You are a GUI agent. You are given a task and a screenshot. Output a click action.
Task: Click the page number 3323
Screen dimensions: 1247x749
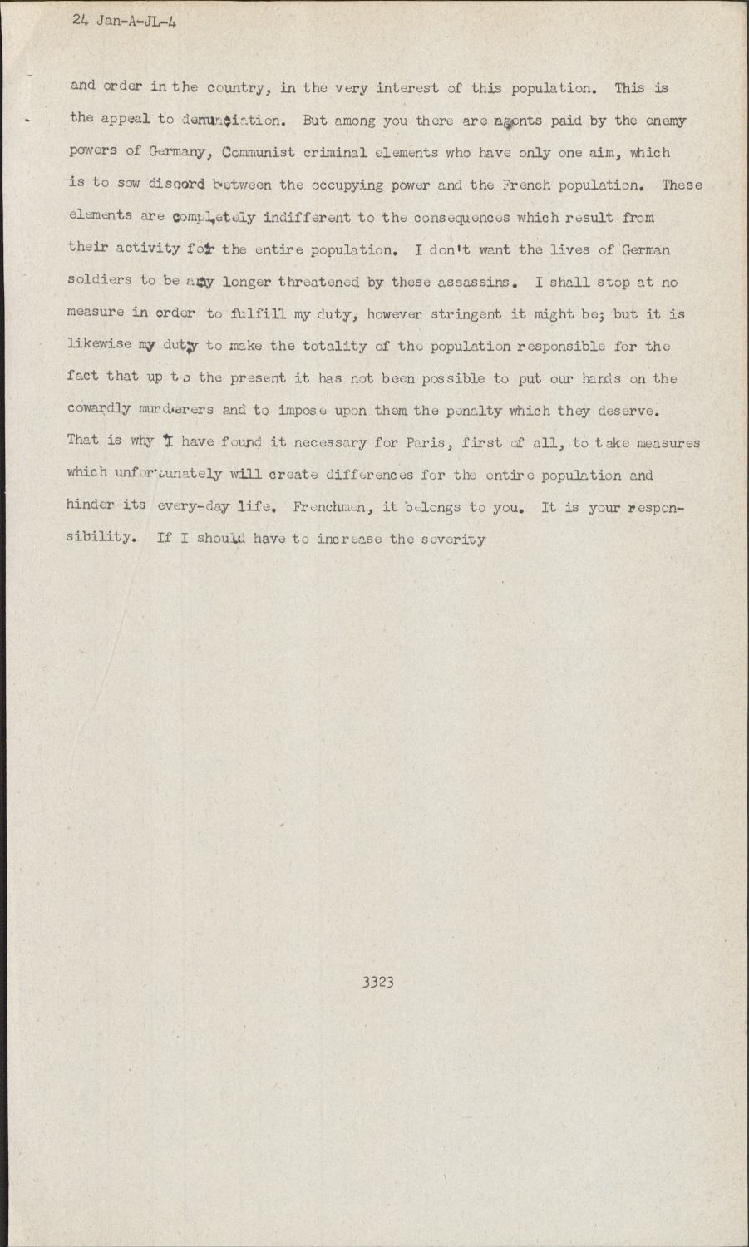click(x=377, y=983)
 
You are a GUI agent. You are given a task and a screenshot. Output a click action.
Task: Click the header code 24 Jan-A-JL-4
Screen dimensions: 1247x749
click(x=125, y=22)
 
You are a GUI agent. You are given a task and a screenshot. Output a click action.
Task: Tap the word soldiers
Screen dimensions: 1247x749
click(x=99, y=282)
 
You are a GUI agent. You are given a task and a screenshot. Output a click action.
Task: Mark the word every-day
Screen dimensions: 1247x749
click(x=193, y=506)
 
